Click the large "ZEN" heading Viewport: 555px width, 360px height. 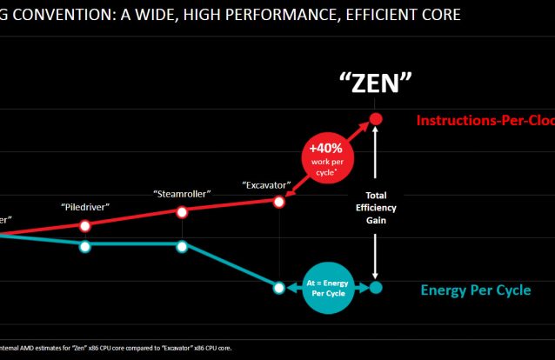point(375,83)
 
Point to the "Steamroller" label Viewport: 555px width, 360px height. point(181,194)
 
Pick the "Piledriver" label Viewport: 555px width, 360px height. point(84,207)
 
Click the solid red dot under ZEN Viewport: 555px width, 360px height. point(376,118)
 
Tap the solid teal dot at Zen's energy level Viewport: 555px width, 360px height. point(376,287)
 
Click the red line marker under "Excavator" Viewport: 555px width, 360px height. point(279,202)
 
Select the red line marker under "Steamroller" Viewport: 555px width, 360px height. point(182,212)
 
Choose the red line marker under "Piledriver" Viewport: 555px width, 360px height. point(84,226)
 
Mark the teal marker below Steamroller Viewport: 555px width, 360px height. point(182,246)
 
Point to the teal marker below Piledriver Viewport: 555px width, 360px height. point(84,246)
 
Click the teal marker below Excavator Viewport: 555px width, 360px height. point(279,287)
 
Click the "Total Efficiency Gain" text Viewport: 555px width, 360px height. point(376,208)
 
